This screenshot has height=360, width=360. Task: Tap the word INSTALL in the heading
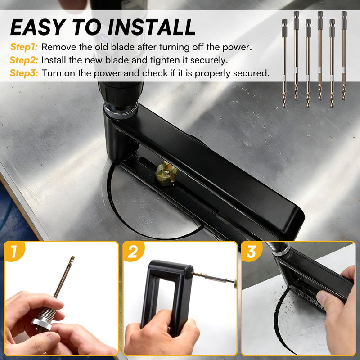point(152,27)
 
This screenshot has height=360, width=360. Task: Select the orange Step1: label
point(24,47)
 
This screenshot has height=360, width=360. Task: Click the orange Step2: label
point(24,60)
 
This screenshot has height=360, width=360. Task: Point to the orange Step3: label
point(24,73)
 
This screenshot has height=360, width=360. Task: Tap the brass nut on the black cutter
point(166,172)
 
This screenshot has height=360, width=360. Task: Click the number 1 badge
point(14,251)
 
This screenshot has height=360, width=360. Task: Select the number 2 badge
point(133,252)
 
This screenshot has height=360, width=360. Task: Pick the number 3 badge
point(252,252)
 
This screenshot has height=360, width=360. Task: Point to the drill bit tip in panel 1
point(72,257)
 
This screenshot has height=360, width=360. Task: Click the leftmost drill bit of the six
point(284,63)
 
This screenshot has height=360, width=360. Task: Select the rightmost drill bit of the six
point(344,55)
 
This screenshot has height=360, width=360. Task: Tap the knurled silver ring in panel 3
point(281,250)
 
